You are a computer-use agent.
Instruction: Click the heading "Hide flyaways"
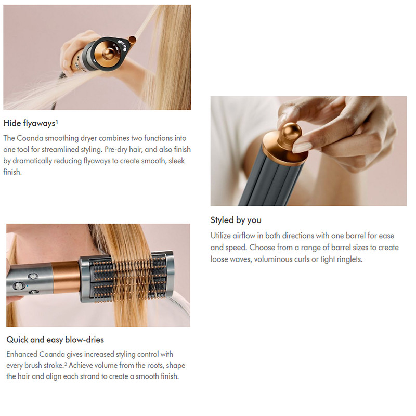point(29,123)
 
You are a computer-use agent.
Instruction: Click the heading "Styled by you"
point(236,220)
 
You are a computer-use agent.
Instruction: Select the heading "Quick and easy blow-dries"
point(55,340)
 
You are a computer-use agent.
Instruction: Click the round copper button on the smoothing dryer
point(108,53)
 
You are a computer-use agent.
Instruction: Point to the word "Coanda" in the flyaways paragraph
point(30,138)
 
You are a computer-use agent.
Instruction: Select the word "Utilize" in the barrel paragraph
point(220,236)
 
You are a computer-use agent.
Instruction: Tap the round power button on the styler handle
point(19,286)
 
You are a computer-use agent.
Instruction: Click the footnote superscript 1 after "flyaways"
point(57,121)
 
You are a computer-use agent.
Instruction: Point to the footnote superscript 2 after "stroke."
point(66,363)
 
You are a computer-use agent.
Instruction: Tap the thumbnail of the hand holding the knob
point(308,151)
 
